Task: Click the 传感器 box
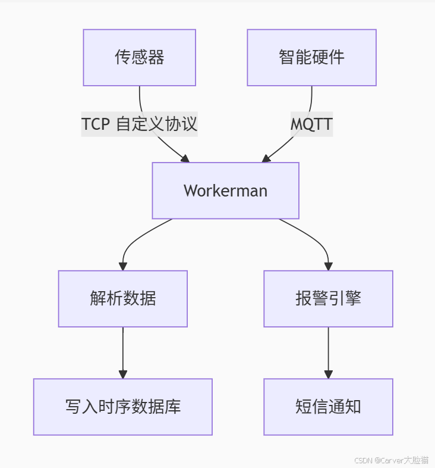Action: (139, 58)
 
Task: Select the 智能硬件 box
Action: (311, 58)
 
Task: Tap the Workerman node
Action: (225, 191)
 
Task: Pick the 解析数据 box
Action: (123, 298)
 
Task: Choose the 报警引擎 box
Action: (328, 298)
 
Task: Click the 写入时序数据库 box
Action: (123, 407)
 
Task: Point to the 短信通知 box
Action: (328, 407)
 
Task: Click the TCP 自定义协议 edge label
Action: (139, 124)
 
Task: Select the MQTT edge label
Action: (311, 124)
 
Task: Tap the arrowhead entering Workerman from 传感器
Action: (185, 158)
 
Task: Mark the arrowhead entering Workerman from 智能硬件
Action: (266, 158)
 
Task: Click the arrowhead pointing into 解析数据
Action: (123, 266)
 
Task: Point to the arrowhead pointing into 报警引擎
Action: (328, 266)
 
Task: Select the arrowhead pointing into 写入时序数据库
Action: (123, 374)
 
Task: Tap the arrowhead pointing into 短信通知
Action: (328, 374)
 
